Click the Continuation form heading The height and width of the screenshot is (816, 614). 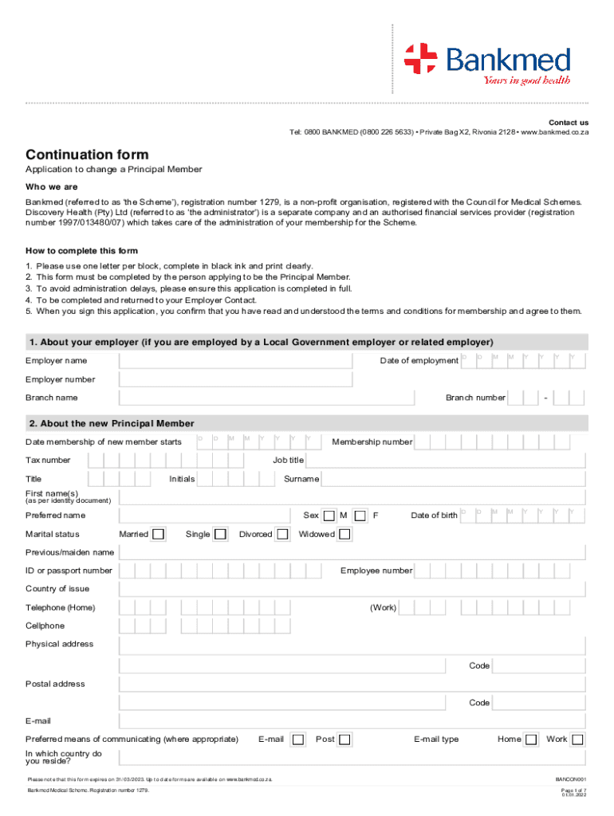click(x=87, y=155)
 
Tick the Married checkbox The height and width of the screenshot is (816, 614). click(x=159, y=534)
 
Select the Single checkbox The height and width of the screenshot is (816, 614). click(x=220, y=534)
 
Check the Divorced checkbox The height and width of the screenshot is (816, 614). click(x=282, y=534)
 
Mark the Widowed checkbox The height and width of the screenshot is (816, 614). click(x=344, y=534)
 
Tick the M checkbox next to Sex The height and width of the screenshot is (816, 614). click(x=329, y=516)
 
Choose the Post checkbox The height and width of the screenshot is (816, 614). click(x=344, y=739)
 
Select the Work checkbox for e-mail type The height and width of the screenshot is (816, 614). click(x=577, y=739)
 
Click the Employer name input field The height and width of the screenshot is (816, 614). click(x=235, y=361)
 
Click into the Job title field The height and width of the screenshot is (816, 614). click(x=446, y=461)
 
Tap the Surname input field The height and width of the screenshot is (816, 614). click(x=454, y=479)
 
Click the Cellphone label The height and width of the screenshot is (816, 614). click(x=45, y=626)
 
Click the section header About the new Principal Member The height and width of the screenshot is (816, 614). click(x=112, y=423)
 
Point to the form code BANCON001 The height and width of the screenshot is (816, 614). click(x=570, y=779)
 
